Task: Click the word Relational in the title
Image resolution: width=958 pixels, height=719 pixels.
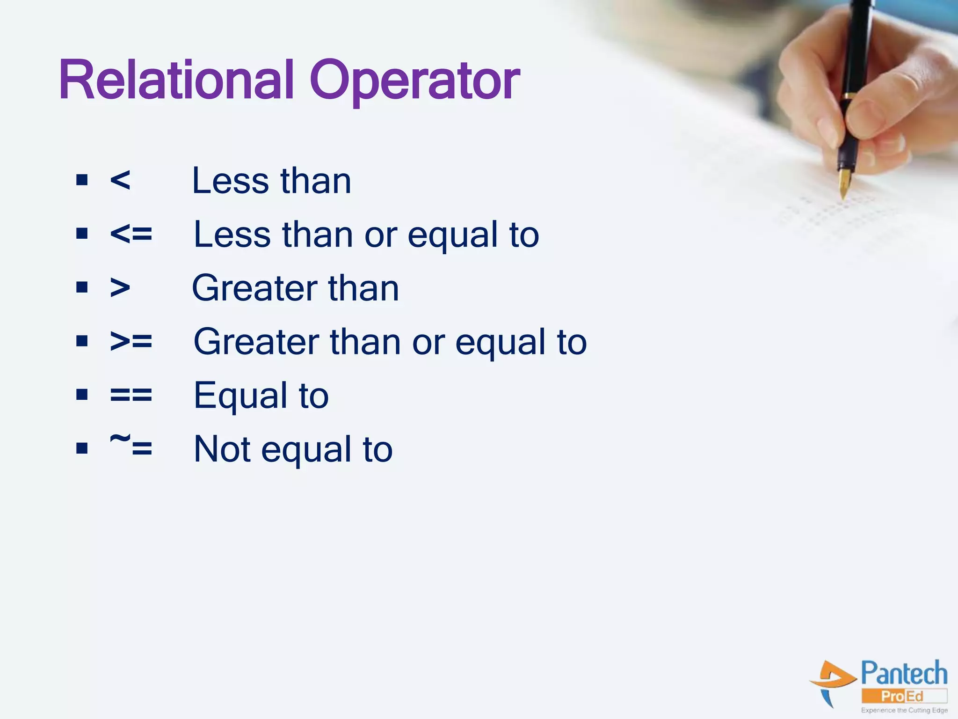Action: pos(176,81)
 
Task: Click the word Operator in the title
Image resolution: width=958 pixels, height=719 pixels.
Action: pos(414,81)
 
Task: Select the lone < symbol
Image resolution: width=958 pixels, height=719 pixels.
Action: pos(120,180)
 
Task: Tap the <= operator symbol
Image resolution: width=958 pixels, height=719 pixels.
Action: pos(131,234)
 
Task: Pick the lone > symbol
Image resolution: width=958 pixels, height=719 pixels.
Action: pos(120,287)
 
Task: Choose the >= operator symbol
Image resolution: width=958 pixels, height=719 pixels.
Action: pos(131,341)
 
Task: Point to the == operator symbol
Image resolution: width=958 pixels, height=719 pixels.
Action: pos(131,395)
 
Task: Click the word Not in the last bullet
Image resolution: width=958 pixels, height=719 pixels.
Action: pos(222,449)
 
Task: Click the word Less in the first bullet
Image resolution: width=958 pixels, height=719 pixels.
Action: pos(230,181)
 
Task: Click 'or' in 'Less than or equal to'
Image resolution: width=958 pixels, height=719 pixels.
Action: pos(380,235)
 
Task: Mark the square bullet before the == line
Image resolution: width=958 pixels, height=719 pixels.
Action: pos(82,395)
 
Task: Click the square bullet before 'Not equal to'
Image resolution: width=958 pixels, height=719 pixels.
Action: pos(82,448)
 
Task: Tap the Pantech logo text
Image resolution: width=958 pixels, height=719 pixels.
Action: pos(904,674)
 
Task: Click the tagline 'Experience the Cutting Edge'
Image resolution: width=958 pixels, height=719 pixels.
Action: pos(904,711)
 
